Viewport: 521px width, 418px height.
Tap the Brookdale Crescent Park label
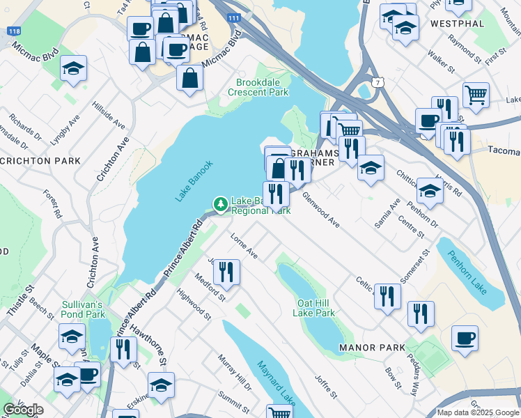point(258,87)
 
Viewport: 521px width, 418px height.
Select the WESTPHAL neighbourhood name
point(457,23)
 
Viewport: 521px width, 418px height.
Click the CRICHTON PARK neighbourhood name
point(40,161)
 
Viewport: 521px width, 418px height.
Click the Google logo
point(23,410)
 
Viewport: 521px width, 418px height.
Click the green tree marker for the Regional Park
point(221,204)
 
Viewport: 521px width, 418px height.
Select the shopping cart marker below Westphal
point(476,93)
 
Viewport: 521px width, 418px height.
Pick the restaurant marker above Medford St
point(226,271)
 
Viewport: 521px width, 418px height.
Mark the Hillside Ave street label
point(109,116)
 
